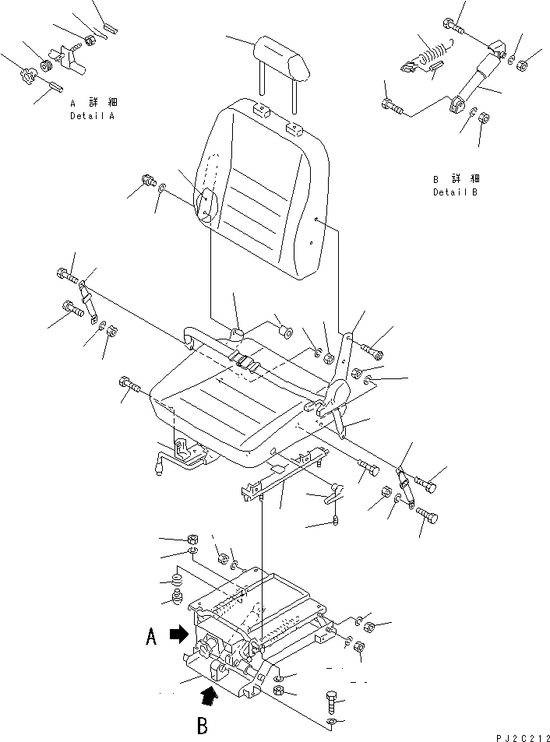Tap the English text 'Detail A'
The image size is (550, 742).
(92, 115)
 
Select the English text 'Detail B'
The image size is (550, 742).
(455, 192)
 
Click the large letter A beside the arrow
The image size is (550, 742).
(152, 638)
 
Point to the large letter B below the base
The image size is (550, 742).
(202, 726)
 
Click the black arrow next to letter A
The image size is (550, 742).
(180, 635)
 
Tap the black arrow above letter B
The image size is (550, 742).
(210, 693)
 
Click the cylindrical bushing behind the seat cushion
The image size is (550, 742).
(285, 334)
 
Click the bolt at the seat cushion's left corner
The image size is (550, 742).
(128, 385)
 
